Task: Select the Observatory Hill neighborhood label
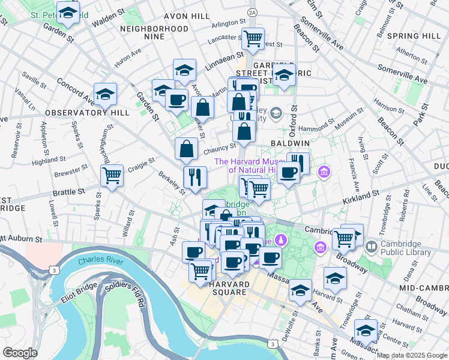[78, 112]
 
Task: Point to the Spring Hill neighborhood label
[414, 36]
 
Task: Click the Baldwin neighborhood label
[290, 144]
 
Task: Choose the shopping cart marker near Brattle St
[112, 176]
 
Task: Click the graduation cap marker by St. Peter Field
[68, 13]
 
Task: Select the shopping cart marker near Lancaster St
[253, 38]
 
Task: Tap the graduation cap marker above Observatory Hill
[105, 94]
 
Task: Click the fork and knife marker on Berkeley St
[195, 177]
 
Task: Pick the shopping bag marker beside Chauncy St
[187, 149]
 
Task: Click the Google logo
[20, 353]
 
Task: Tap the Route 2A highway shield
[252, 11]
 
